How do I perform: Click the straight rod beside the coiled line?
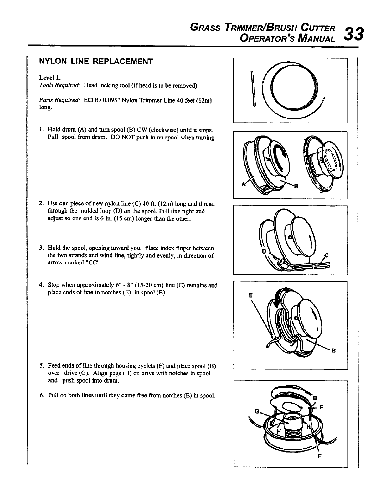[253, 89]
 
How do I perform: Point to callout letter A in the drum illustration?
[243, 184]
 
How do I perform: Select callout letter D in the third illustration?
[263, 251]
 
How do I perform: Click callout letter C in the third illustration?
[326, 255]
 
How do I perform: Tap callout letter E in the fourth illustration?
[250, 295]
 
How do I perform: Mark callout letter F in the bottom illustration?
[319, 456]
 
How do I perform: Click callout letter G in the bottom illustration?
[257, 411]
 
